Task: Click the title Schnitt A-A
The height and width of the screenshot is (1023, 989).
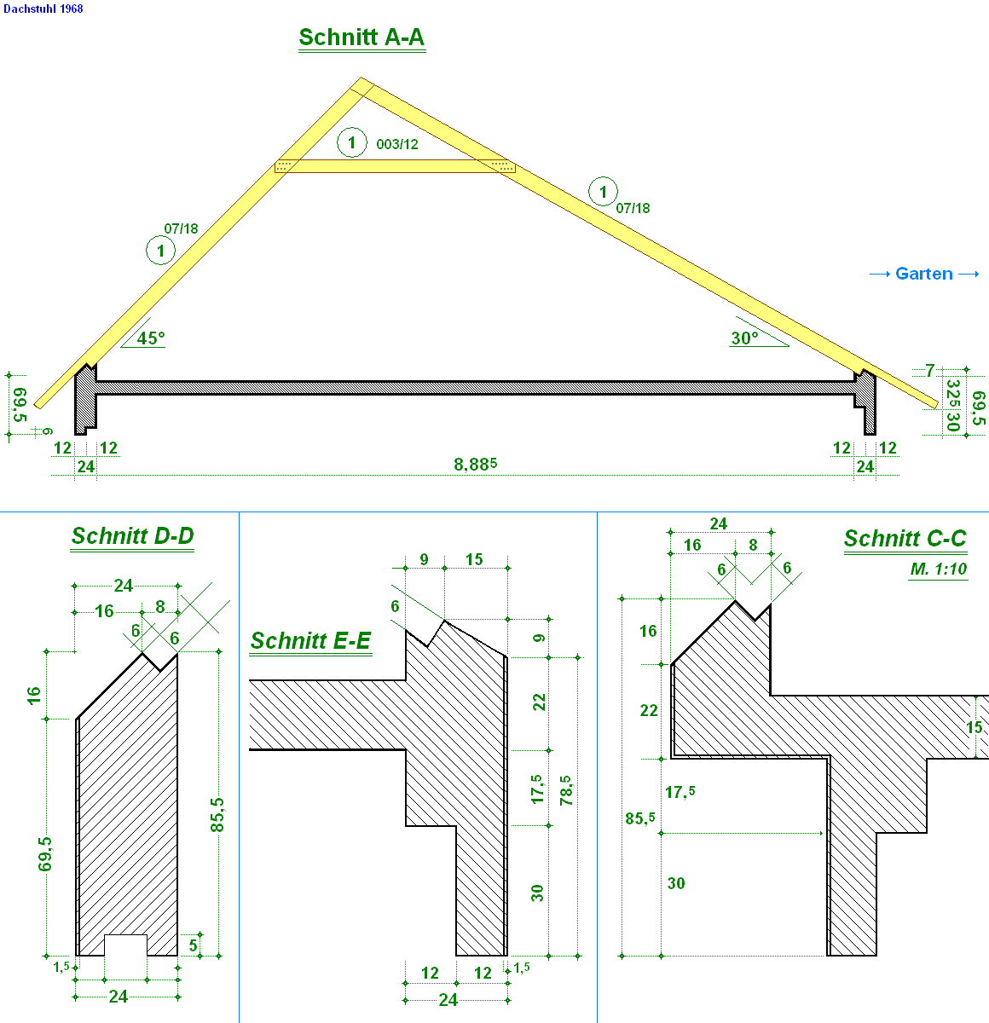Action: point(361,38)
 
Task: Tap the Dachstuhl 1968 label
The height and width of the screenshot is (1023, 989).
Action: point(43,9)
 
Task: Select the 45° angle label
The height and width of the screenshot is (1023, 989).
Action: point(151,338)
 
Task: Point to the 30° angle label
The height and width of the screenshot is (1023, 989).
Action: point(745,338)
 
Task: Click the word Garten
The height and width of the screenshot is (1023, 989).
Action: point(924,274)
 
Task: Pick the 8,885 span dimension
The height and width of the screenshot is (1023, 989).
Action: point(475,465)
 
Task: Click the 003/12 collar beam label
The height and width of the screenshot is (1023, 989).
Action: point(397,144)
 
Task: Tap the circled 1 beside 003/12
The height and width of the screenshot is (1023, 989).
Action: point(352,142)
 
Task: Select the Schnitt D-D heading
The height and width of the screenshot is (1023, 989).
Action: point(132,536)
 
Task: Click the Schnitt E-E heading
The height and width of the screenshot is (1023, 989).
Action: point(310,640)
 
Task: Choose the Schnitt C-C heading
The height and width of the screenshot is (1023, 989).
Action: point(905,538)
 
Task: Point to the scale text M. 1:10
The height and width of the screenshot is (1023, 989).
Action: point(939,569)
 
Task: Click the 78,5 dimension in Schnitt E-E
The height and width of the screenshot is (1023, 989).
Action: point(566,790)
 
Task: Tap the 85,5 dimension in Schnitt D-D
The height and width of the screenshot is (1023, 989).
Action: point(217,815)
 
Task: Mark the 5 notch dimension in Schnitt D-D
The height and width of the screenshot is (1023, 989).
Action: point(193,945)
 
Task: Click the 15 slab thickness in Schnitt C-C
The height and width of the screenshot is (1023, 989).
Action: point(975,727)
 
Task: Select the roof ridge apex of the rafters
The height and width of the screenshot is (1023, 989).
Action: point(361,78)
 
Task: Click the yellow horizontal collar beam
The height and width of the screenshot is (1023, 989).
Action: point(395,166)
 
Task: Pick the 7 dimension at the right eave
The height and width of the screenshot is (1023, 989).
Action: point(930,371)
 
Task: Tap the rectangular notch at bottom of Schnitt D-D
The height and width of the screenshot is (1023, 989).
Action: point(125,945)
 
